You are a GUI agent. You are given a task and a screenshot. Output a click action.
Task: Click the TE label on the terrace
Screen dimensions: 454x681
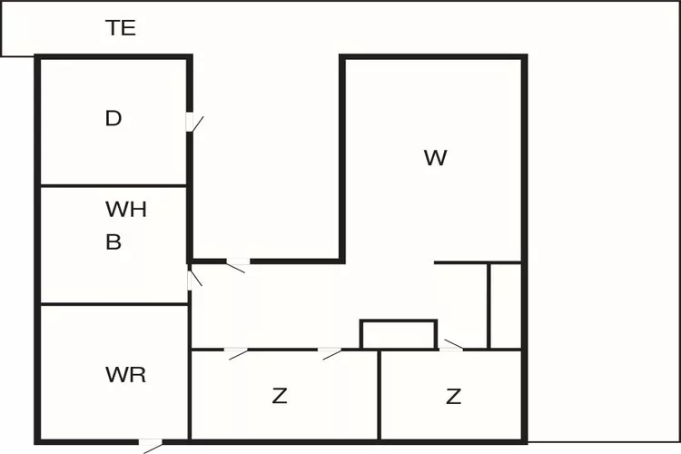[x=121, y=28]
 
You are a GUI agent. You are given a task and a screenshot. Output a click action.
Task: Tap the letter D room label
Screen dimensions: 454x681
[x=113, y=118]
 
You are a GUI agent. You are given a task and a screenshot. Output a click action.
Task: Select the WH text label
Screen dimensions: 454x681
[x=126, y=210]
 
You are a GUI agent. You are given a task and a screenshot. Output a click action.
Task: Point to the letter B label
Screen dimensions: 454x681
[x=113, y=242]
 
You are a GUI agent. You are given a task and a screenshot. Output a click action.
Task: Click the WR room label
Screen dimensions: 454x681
[x=125, y=375]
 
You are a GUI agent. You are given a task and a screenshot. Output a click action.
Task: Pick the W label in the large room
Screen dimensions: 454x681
[x=435, y=158]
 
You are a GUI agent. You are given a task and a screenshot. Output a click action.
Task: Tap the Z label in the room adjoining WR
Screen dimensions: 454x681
[x=280, y=396]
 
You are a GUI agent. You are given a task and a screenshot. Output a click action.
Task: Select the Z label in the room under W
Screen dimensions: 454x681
[x=453, y=396]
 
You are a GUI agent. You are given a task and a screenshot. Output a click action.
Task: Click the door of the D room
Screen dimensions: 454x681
[x=192, y=122]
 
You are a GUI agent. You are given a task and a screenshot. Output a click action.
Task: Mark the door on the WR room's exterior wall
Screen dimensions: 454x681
[x=151, y=444]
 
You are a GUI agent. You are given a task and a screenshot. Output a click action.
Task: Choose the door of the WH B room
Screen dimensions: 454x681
[x=192, y=276]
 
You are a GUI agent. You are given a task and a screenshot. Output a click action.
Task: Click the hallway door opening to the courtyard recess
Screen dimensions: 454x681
[x=237, y=264]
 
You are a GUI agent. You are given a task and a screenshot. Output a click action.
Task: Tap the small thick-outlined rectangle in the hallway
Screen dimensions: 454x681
[x=399, y=334]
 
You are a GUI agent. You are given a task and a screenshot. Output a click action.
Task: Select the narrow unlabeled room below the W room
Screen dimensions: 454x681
[x=505, y=305]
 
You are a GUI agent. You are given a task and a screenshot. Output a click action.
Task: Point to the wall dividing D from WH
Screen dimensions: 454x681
[x=113, y=186]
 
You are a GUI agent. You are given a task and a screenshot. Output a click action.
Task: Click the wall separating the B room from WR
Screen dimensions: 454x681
[x=113, y=304]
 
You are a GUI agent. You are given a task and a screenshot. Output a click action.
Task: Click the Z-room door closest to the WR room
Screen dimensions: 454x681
[x=237, y=351]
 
